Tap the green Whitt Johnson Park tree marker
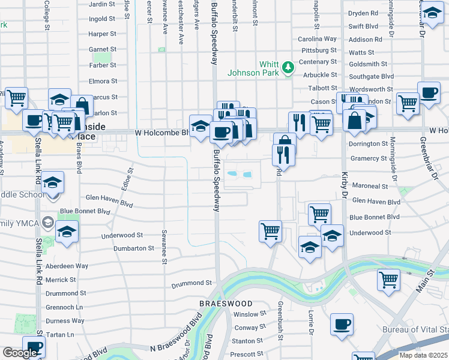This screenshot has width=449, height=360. [289, 67]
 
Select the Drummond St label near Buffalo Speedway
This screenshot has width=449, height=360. [192, 283]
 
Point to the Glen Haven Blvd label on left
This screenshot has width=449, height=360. [109, 197]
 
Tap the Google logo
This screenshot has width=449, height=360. [20, 353]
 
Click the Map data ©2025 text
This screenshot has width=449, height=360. [423, 355]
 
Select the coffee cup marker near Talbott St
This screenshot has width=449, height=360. [428, 93]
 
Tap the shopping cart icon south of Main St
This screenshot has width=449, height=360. [388, 279]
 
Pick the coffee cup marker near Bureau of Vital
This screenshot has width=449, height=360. [342, 325]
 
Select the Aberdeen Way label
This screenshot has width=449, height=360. [67, 266]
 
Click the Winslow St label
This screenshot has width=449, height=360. [250, 314]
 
